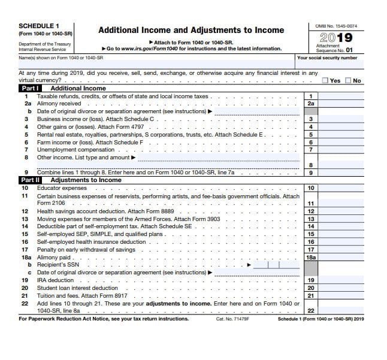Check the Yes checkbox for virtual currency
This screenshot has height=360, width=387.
(x=325, y=80)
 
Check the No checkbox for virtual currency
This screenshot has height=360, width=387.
(x=349, y=80)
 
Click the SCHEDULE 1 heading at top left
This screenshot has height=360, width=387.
(x=40, y=26)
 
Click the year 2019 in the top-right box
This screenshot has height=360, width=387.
(x=336, y=38)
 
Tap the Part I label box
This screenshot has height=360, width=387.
(x=29, y=88)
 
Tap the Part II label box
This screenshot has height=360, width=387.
(x=30, y=180)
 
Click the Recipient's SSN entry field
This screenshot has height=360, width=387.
(x=274, y=264)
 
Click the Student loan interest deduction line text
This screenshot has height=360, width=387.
(x=77, y=288)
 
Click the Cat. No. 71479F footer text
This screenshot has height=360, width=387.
(x=232, y=319)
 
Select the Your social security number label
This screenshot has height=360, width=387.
(x=327, y=58)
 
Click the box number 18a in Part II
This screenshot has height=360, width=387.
(x=311, y=257)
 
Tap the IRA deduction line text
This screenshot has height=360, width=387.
(x=56, y=280)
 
